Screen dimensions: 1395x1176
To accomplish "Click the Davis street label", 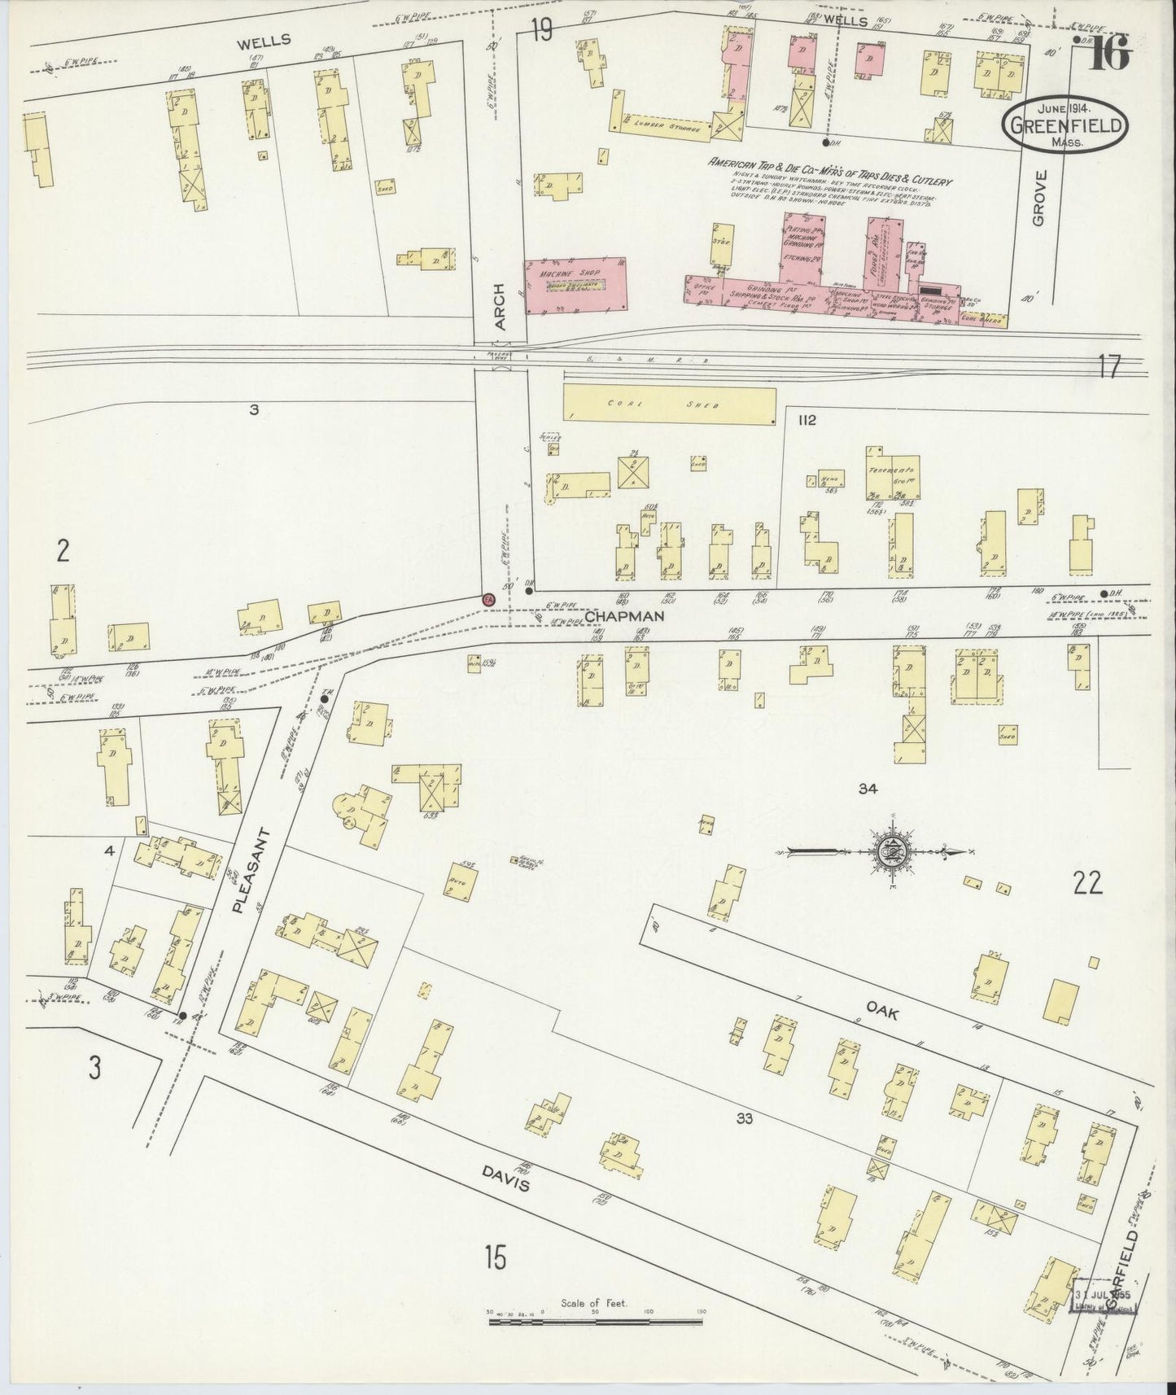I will tap(505, 1179).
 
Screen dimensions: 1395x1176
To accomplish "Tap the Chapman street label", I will tap(625, 616).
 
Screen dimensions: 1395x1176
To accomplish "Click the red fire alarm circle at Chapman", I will tap(488, 598).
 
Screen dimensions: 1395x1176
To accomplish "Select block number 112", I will tap(807, 420).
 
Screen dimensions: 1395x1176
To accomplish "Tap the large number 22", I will tap(1087, 882).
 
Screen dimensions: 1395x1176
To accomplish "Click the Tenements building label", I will tap(892, 470).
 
